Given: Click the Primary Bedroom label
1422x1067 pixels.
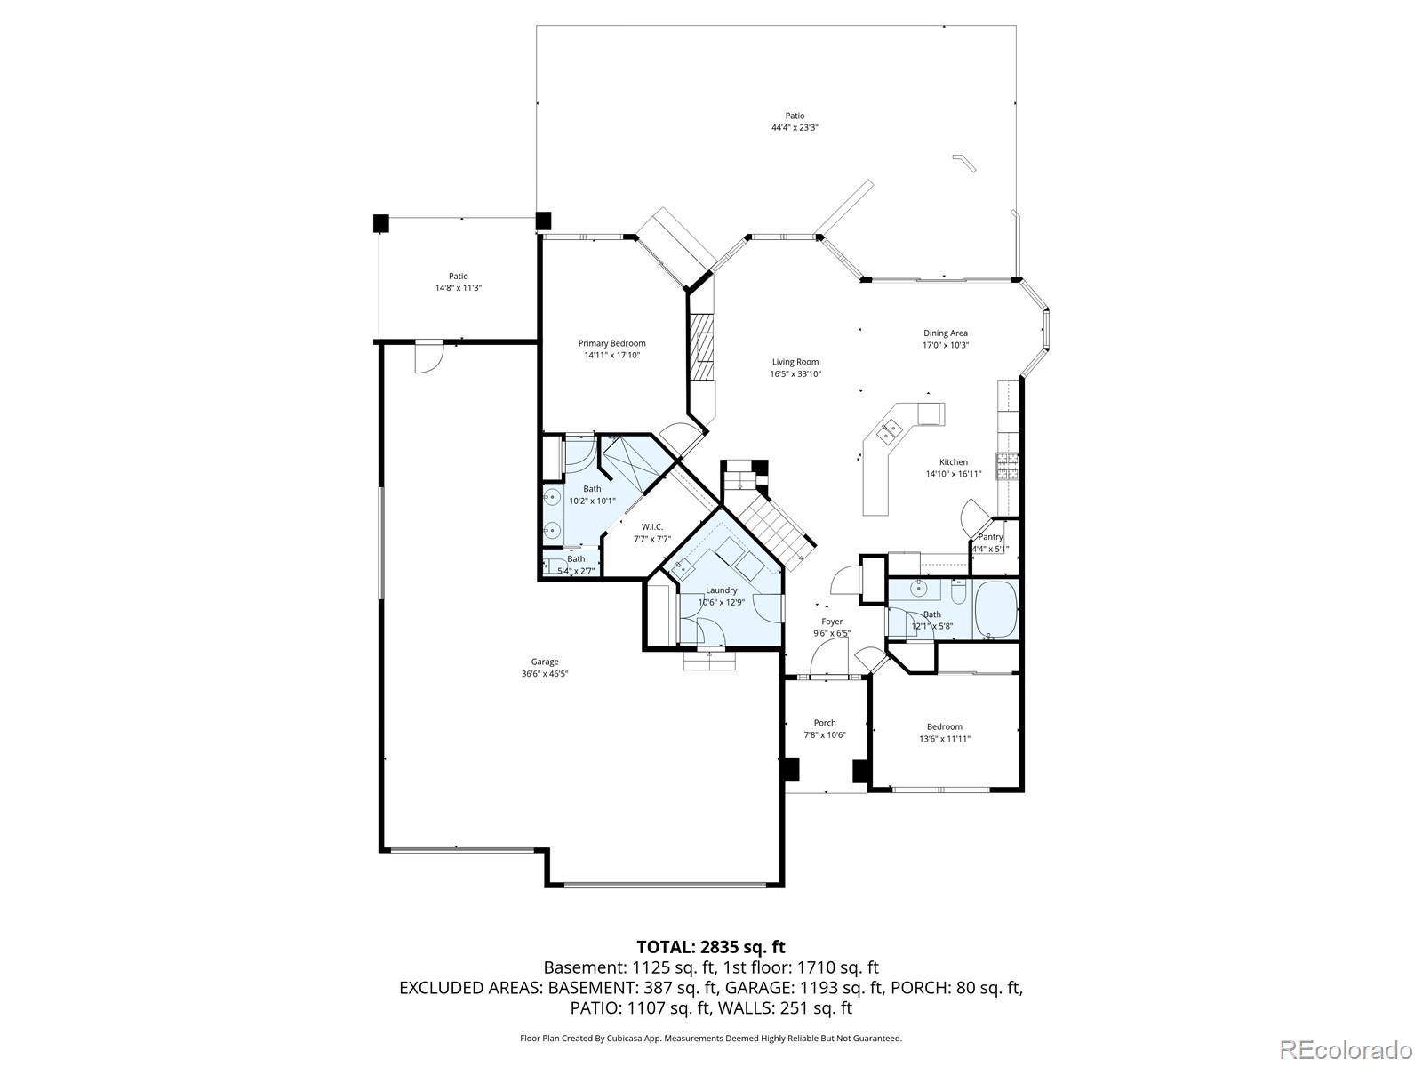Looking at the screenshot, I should (x=611, y=343).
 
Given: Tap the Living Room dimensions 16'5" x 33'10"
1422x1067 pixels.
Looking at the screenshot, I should (x=795, y=374).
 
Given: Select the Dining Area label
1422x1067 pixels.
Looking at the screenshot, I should (x=945, y=333).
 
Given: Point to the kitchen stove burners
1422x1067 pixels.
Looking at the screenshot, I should (x=1007, y=462).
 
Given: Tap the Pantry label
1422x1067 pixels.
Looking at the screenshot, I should (x=990, y=537).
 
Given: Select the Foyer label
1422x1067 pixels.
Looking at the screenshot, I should (x=832, y=622).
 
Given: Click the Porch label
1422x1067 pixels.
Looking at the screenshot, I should (x=825, y=723).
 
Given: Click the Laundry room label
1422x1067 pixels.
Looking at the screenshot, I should (x=721, y=590).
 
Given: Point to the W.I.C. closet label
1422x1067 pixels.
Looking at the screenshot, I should (x=651, y=527).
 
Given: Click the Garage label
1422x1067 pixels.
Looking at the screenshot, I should (x=545, y=662).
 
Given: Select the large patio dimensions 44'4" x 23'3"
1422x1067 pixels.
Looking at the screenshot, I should (x=795, y=128).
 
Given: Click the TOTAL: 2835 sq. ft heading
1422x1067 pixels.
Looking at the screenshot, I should (x=711, y=946).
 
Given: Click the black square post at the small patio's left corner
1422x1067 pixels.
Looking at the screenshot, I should (x=380, y=223).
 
